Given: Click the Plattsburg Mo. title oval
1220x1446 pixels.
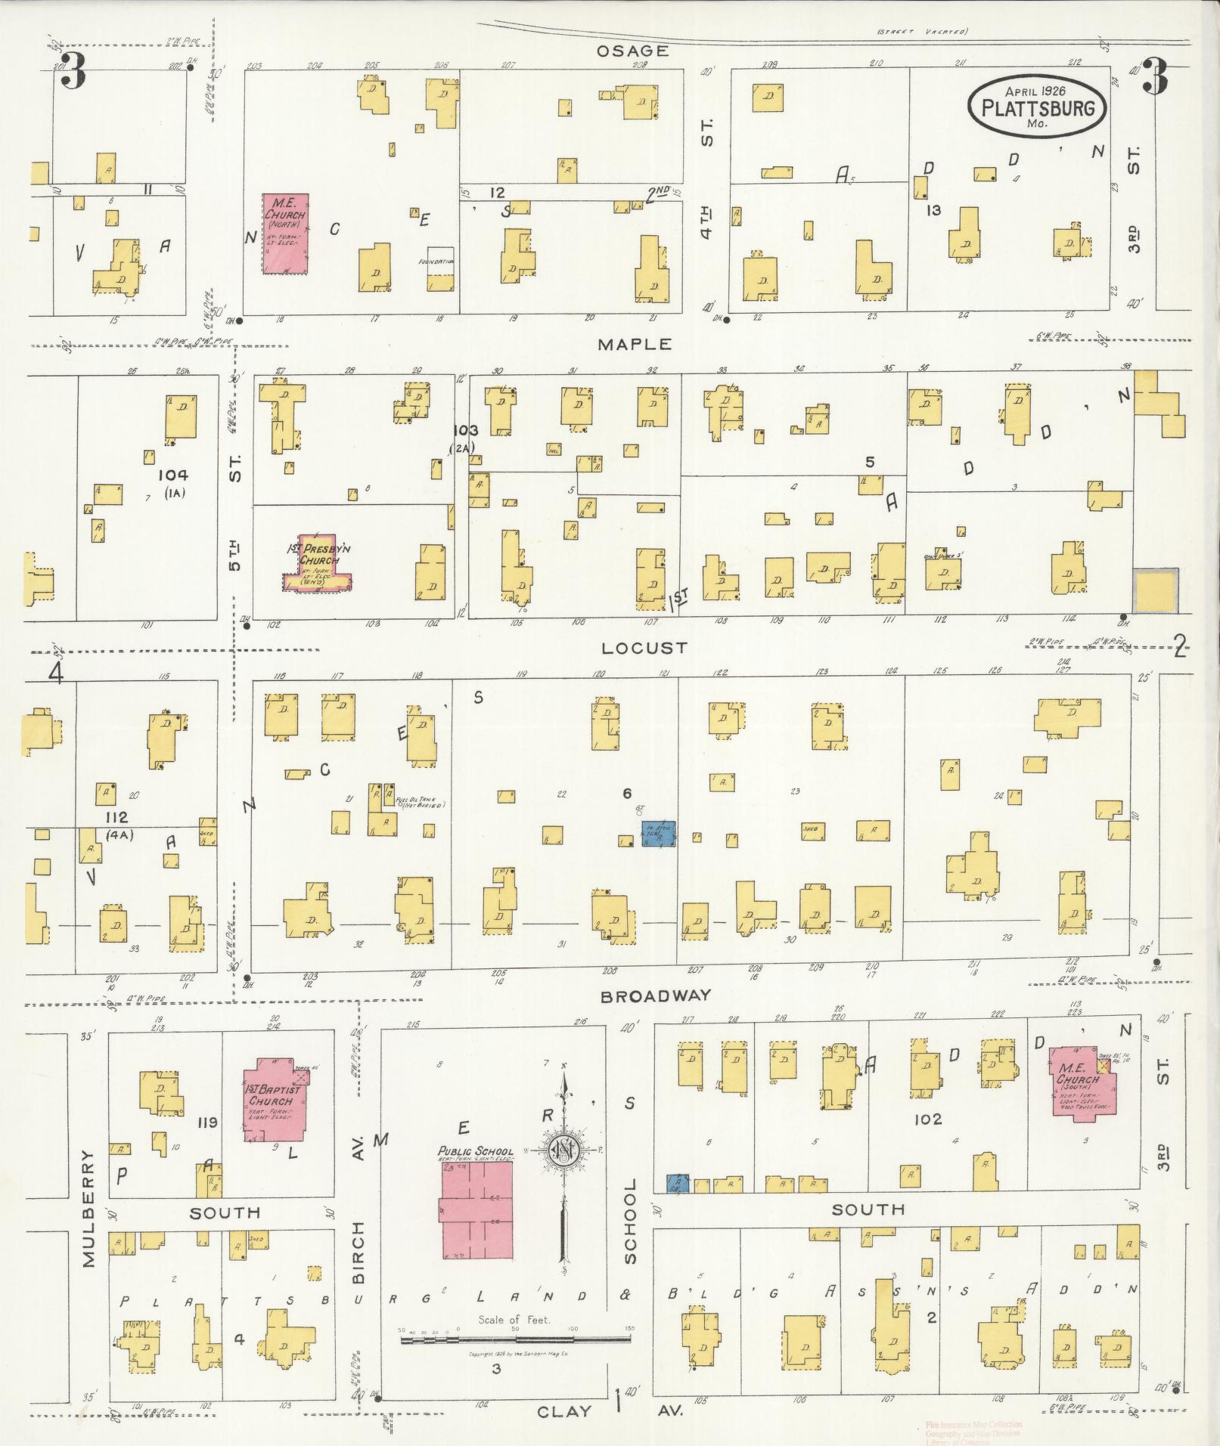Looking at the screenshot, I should click(x=1037, y=107).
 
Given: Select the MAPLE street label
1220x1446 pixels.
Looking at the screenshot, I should click(x=635, y=344).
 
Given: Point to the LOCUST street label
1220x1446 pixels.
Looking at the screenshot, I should click(x=645, y=648).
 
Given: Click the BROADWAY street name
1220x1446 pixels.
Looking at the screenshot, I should click(x=656, y=995).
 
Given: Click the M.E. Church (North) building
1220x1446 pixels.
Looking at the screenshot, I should click(x=285, y=233).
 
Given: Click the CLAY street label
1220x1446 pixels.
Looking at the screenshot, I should click(x=565, y=1411).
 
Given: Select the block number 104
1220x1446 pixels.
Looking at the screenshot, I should click(x=173, y=475).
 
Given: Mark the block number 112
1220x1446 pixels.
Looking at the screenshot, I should click(x=117, y=817).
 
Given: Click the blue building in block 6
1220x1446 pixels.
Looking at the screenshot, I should click(x=658, y=833).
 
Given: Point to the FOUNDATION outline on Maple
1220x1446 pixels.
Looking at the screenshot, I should click(x=441, y=269).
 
